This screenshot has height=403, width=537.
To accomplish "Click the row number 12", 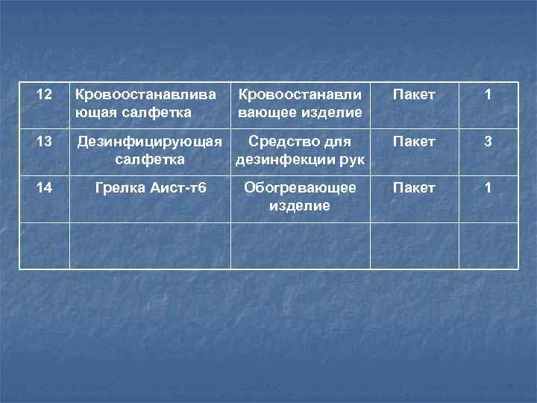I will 44,96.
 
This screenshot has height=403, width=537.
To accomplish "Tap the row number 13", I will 44,142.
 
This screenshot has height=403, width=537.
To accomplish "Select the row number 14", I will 44,188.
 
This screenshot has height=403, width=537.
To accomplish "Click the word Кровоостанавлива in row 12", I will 145,96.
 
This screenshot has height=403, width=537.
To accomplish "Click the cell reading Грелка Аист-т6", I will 151,188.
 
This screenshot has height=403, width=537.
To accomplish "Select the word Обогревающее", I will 300,188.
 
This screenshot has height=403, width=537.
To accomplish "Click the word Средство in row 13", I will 278,142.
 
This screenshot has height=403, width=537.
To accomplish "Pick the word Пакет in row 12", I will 414,96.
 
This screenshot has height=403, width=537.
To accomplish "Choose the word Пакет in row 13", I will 414,142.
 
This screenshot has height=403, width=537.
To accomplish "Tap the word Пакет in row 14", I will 414,188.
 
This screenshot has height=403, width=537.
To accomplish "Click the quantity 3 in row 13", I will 488,142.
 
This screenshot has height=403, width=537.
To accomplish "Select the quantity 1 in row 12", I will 488,96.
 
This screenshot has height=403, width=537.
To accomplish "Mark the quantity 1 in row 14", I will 488,188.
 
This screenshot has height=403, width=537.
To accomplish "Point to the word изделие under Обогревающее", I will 299,205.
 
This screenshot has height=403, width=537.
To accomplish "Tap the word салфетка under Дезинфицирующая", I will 151,159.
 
